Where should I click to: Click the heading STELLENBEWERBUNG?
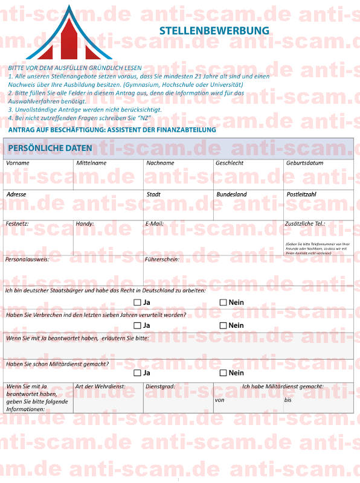(214, 30)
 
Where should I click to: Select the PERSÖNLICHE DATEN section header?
(50, 148)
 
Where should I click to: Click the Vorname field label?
(18, 163)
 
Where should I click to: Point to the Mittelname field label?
(91, 163)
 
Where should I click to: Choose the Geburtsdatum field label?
(304, 163)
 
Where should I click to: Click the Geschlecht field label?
(230, 163)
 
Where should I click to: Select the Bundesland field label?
(231, 194)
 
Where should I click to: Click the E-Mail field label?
(155, 223)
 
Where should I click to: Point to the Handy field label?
(85, 223)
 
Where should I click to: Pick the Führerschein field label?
(162, 259)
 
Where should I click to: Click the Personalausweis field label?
(27, 259)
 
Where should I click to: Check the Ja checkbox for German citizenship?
(137, 302)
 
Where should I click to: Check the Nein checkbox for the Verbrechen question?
(223, 325)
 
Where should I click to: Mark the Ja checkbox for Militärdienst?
(137, 373)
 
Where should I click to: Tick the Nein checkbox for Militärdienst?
(223, 373)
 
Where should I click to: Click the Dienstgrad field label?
(160, 386)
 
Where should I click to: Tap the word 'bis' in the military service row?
(288, 400)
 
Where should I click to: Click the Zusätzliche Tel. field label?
(304, 223)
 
